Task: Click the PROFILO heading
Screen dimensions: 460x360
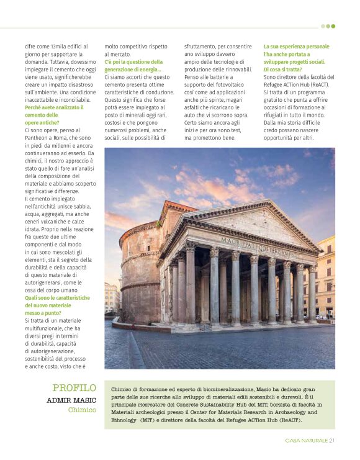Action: (x=74, y=388)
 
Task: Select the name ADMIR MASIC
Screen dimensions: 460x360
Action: (x=71, y=400)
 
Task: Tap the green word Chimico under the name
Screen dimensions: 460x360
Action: (x=82, y=410)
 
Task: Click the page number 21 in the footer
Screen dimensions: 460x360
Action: (x=332, y=441)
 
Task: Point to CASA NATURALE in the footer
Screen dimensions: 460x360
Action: (x=306, y=441)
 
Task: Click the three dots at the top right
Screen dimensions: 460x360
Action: (x=328, y=26)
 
